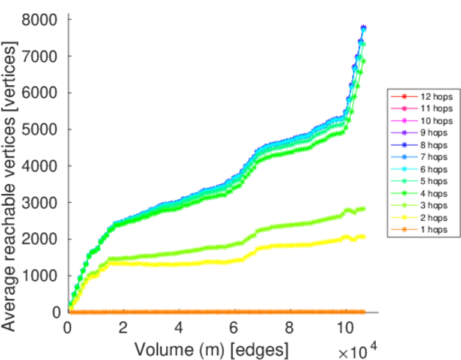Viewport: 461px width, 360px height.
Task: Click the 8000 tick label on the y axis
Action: click(x=40, y=20)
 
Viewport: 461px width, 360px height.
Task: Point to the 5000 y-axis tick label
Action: click(x=40, y=130)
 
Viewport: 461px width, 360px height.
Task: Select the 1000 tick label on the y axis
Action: click(x=40, y=275)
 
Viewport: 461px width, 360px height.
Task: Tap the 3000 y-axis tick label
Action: click(x=40, y=203)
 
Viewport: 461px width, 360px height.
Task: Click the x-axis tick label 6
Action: click(x=234, y=329)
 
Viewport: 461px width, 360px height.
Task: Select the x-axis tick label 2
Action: click(x=123, y=329)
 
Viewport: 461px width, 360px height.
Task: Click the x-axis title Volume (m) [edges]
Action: click(x=211, y=349)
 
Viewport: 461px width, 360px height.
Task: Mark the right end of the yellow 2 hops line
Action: click(x=363, y=237)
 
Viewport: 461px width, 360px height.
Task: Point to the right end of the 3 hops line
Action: click(x=363, y=209)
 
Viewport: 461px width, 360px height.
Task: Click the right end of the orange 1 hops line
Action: click(x=363, y=312)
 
